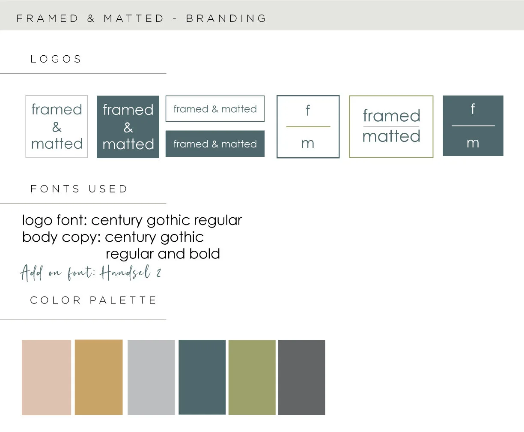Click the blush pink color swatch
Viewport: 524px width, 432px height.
[x=46, y=377]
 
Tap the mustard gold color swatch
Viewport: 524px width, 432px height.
[x=98, y=377]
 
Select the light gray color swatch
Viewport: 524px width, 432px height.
[x=151, y=377]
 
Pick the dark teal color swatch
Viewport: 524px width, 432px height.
[x=202, y=377]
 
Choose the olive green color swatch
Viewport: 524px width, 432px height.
[x=252, y=377]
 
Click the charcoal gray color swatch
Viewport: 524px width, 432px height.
[x=301, y=377]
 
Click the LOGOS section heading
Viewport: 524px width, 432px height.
[x=56, y=59]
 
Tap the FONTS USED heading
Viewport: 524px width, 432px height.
[x=79, y=189]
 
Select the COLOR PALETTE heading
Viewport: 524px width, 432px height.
[x=93, y=300]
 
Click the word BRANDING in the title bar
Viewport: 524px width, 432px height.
[x=226, y=18]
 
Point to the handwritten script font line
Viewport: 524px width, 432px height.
[x=91, y=273]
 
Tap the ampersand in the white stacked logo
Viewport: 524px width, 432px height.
[x=57, y=127]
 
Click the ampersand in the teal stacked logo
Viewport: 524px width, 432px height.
[x=128, y=127]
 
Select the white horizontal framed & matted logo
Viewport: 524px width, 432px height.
[x=215, y=109]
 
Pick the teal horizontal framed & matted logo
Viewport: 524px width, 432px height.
[x=215, y=144]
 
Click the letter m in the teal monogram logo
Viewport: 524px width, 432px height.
[x=473, y=143]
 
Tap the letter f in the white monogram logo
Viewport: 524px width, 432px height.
[x=308, y=110]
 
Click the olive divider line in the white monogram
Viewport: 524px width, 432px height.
[x=308, y=127]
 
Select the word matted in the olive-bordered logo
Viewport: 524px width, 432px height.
[x=391, y=136]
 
